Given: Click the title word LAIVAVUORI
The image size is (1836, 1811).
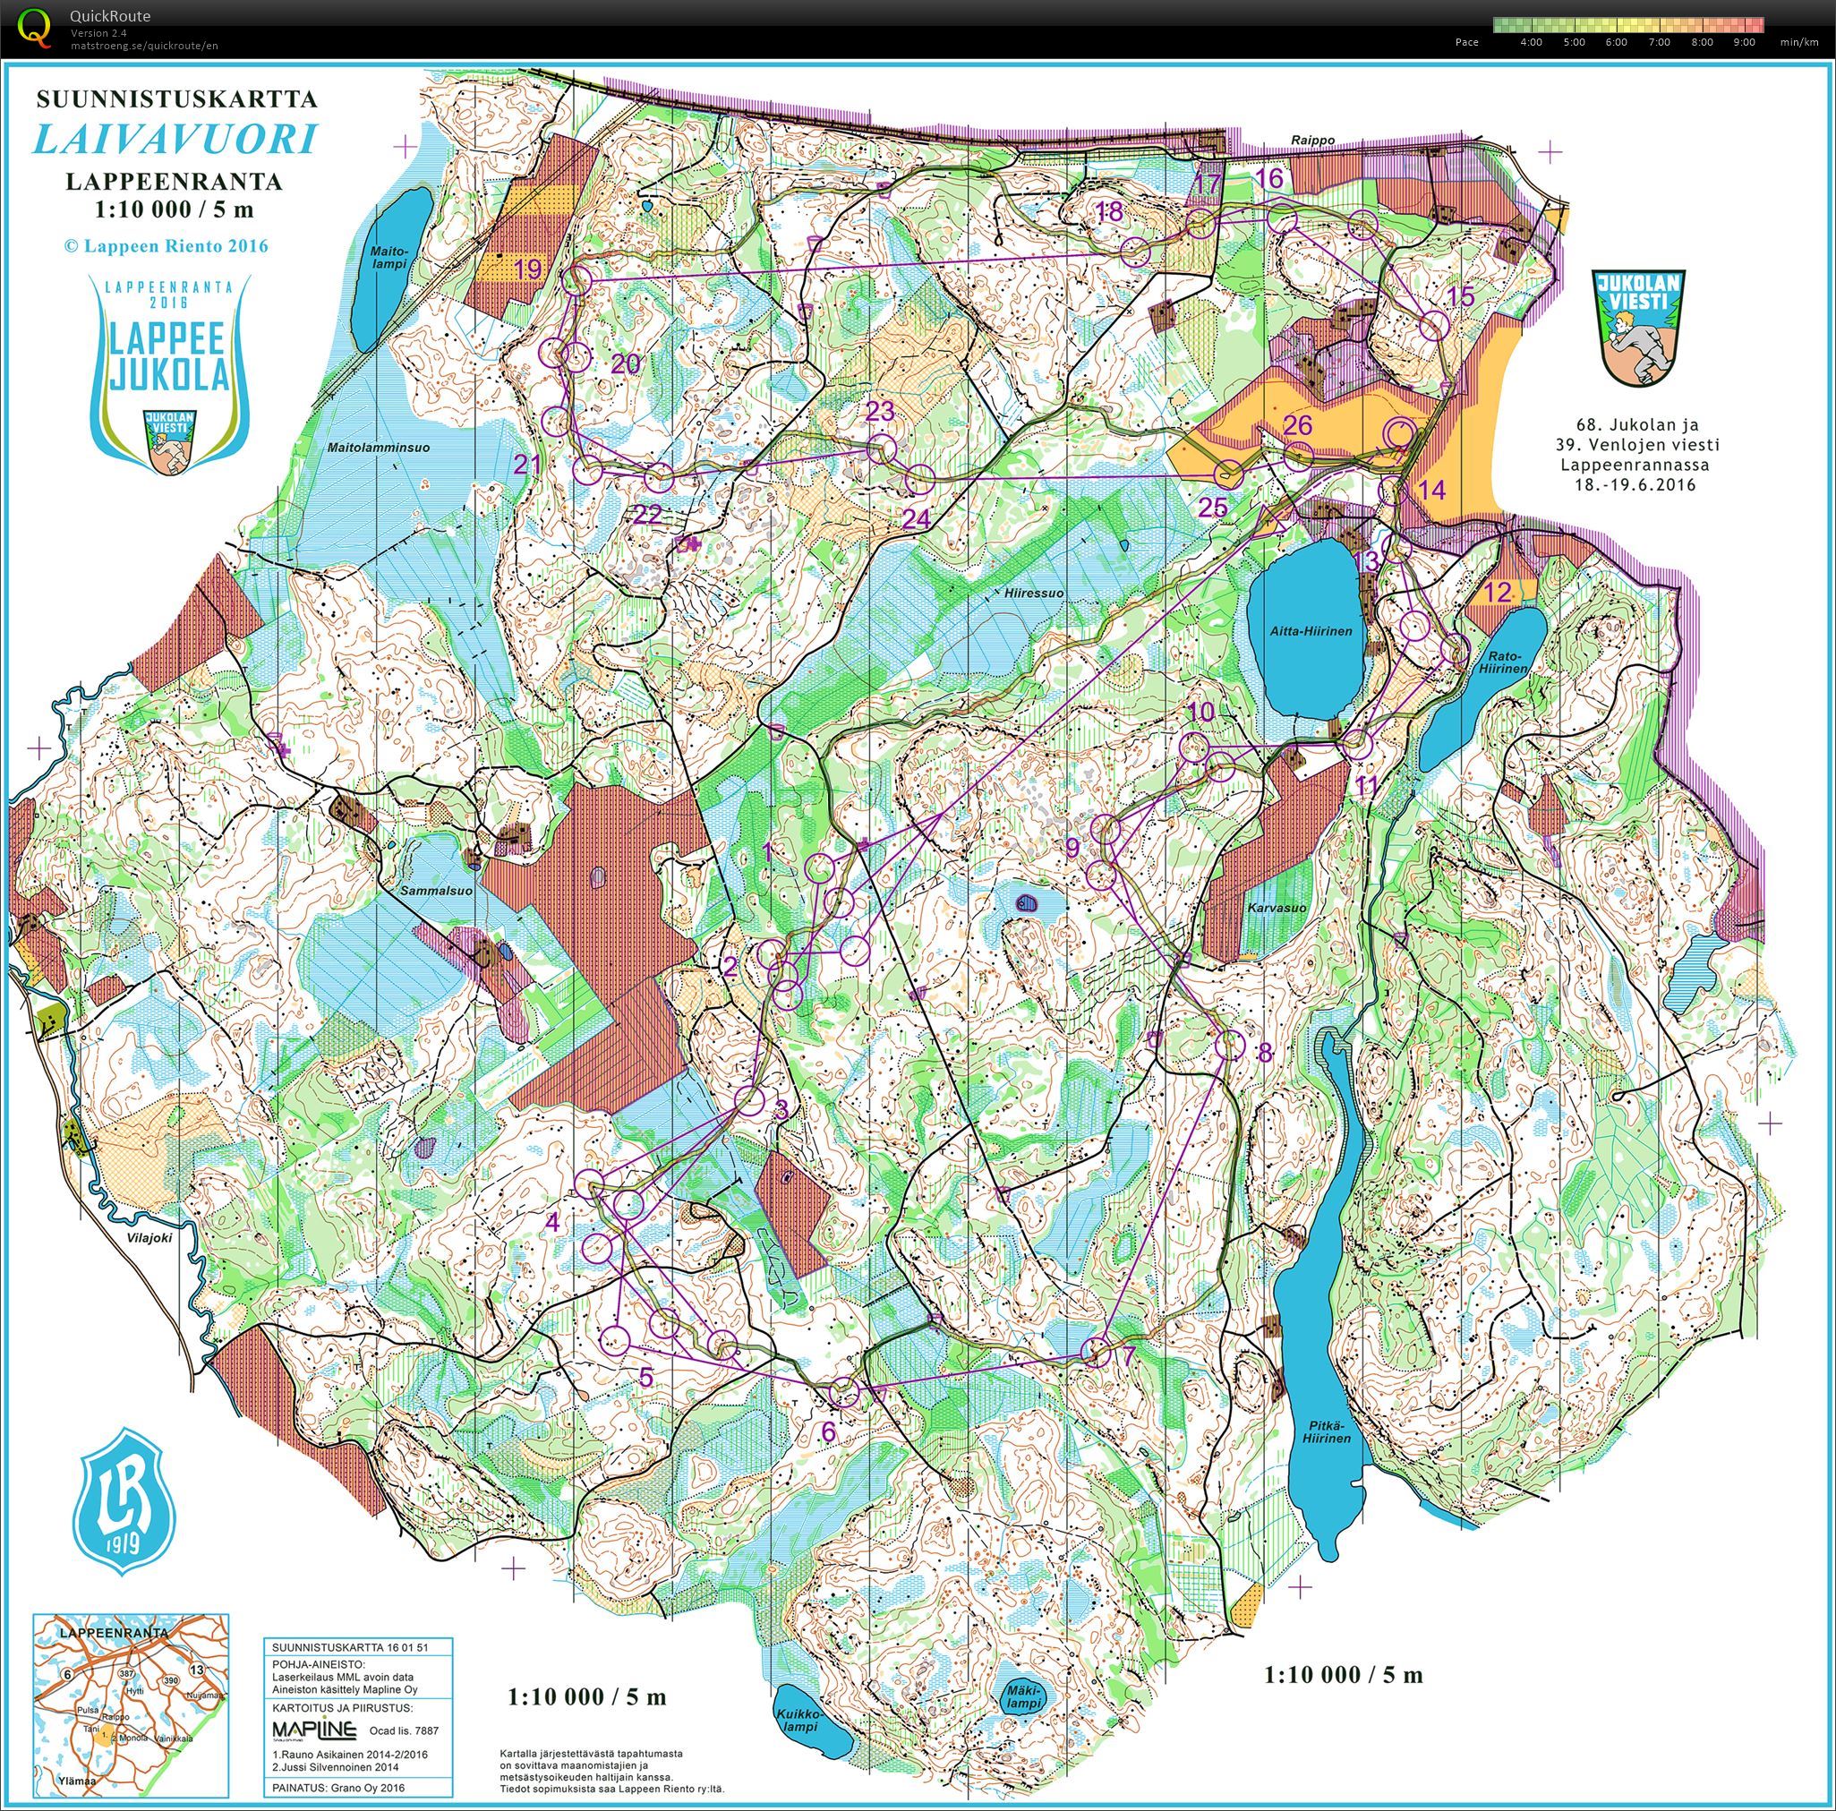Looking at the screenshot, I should coord(175,140).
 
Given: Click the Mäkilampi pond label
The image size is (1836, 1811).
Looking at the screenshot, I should coord(1024,1698).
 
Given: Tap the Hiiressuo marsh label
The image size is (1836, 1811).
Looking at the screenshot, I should coord(1033,592).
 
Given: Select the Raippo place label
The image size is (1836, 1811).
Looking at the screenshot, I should coord(1313,140).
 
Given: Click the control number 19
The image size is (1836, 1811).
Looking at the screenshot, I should coord(527,269).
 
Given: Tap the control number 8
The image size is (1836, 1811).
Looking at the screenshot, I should coord(1264,1052).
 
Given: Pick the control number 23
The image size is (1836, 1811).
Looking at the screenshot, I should coord(880,411).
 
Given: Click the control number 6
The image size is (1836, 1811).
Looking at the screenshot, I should coord(828,1431).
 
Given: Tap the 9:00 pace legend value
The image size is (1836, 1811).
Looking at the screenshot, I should coord(1744,42).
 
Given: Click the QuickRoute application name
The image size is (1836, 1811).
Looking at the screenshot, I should coord(109,15).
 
